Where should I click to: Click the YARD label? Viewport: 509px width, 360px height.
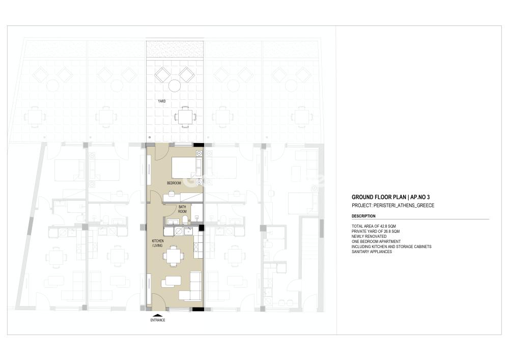[162, 101]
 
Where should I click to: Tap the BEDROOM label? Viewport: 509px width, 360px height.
[174, 183]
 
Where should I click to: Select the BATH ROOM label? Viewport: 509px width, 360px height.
[182, 209]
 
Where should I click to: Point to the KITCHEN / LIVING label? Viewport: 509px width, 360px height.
[158, 243]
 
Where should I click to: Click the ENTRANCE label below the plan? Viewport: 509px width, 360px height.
[158, 320]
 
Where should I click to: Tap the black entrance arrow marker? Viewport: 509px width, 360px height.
[158, 315]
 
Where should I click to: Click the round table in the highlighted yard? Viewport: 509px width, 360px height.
[174, 87]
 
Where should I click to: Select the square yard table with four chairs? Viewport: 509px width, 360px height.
[185, 116]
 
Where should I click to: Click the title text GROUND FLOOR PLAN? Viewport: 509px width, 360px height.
[379, 197]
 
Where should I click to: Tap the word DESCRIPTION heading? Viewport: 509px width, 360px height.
[363, 216]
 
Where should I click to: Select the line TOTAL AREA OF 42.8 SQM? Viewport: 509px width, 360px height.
[374, 226]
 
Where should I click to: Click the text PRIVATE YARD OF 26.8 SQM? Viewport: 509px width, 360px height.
[376, 232]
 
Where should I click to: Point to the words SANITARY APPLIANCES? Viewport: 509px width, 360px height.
[372, 252]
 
